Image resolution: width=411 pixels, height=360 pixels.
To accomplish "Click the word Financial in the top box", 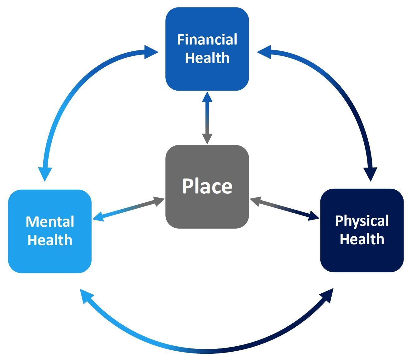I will pyautogui.click(x=207, y=40).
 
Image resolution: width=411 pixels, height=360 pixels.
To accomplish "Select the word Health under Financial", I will pyautogui.click(x=207, y=58).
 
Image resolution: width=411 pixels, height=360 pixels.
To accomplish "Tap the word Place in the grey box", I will pyautogui.click(x=207, y=186).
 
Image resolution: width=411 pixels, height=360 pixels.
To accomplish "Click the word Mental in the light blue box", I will pyautogui.click(x=50, y=222).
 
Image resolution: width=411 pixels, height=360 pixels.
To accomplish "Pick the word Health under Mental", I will pyautogui.click(x=50, y=240).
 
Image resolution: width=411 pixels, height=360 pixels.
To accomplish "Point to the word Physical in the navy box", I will pyautogui.click(x=362, y=221).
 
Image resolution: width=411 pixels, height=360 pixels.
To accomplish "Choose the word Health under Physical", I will pyautogui.click(x=362, y=239).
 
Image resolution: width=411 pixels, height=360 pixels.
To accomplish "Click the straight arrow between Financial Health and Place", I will pyautogui.click(x=207, y=118).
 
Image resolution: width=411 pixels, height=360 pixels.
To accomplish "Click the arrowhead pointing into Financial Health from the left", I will pyautogui.click(x=151, y=52).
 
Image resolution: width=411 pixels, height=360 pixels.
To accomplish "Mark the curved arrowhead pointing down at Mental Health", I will pyautogui.click(x=45, y=173).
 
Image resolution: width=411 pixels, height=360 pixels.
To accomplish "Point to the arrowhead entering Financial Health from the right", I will pyautogui.click(x=264, y=52).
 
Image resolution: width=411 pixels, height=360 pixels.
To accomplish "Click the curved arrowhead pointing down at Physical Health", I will pyautogui.click(x=370, y=173).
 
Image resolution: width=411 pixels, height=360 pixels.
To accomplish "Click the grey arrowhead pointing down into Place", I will pyautogui.click(x=207, y=138).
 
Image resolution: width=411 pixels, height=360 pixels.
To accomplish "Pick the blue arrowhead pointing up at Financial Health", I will pyautogui.click(x=207, y=97).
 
